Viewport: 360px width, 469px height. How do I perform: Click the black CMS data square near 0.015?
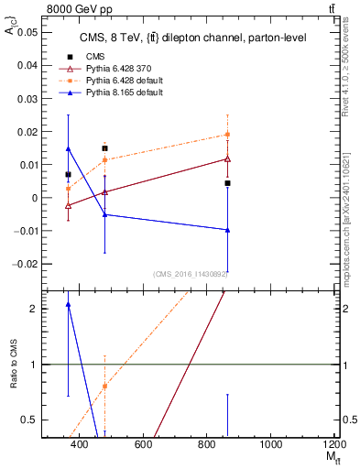tap(105, 148)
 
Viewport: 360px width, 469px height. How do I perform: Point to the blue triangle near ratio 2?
tap(69, 305)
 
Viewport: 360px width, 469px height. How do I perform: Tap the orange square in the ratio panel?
tap(105, 386)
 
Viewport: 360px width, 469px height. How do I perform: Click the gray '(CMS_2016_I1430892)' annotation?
tap(191, 274)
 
